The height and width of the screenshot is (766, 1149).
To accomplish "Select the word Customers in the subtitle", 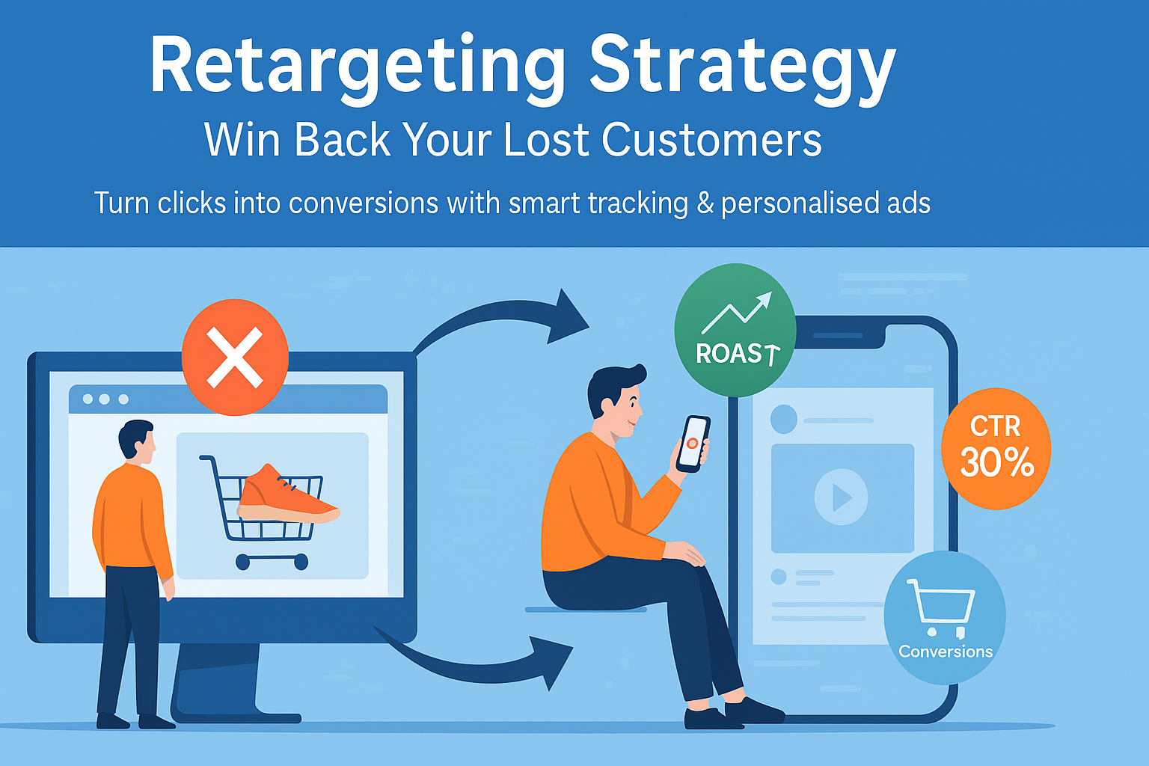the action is pyautogui.click(x=712, y=140).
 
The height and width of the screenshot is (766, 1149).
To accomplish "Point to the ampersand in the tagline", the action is pyautogui.click(x=705, y=203).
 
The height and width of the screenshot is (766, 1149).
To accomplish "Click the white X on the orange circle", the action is pyautogui.click(x=234, y=358).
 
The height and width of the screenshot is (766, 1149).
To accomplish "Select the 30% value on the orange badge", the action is pyautogui.click(x=996, y=462).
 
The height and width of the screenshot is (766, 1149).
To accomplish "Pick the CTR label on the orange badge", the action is pyautogui.click(x=995, y=426).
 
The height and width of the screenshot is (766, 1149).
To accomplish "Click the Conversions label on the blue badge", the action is pyautogui.click(x=946, y=652).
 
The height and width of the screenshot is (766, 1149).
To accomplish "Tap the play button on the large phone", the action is pyautogui.click(x=842, y=497).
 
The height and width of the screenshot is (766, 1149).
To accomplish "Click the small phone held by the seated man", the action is pyautogui.click(x=693, y=444).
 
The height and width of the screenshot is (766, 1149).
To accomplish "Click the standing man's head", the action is pyautogui.click(x=136, y=439).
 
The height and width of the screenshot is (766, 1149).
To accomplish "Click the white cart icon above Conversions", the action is pyautogui.click(x=940, y=607).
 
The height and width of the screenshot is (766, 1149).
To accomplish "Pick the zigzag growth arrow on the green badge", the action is pyautogui.click(x=737, y=313).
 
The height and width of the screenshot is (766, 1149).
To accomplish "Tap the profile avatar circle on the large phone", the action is pyautogui.click(x=783, y=419).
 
